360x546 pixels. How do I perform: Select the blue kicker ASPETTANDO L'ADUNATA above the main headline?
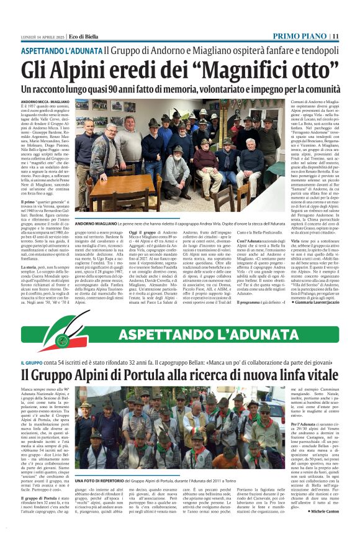(61, 50)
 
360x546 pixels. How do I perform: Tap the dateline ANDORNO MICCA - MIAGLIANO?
(45, 101)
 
